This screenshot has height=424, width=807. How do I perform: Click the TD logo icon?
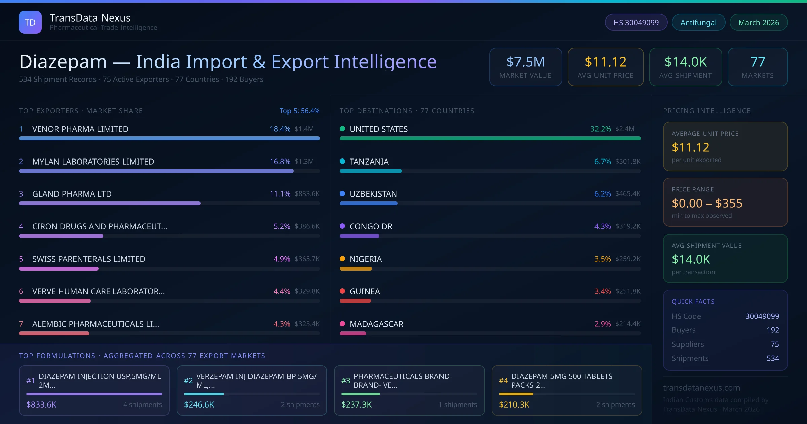(30, 22)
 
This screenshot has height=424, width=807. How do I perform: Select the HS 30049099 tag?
(636, 22)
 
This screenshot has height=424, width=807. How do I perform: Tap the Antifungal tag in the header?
(698, 22)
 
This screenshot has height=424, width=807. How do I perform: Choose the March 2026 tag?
(758, 22)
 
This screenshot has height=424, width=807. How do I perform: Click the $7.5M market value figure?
(525, 62)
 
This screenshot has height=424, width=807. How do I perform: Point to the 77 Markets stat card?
(758, 67)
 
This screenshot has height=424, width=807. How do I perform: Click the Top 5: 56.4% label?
(299, 111)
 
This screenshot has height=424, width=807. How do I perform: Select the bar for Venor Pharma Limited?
(169, 138)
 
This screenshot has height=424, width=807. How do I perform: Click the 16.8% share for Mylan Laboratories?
(280, 162)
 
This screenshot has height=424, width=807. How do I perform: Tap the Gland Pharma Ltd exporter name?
(72, 194)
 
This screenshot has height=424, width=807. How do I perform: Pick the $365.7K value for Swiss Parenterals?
(307, 259)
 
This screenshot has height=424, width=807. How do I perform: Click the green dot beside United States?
(342, 129)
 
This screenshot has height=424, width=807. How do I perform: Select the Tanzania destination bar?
(371, 171)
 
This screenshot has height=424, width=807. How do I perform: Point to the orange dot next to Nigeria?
(342, 259)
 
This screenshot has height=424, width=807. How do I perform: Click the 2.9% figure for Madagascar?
(602, 324)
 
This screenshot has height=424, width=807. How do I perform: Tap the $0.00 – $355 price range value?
(707, 203)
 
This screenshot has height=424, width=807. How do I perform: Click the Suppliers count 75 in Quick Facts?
(774, 344)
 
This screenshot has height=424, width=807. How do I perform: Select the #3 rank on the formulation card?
(345, 381)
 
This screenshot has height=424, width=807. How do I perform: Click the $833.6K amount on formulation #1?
(41, 404)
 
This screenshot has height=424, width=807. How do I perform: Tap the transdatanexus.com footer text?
(701, 388)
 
